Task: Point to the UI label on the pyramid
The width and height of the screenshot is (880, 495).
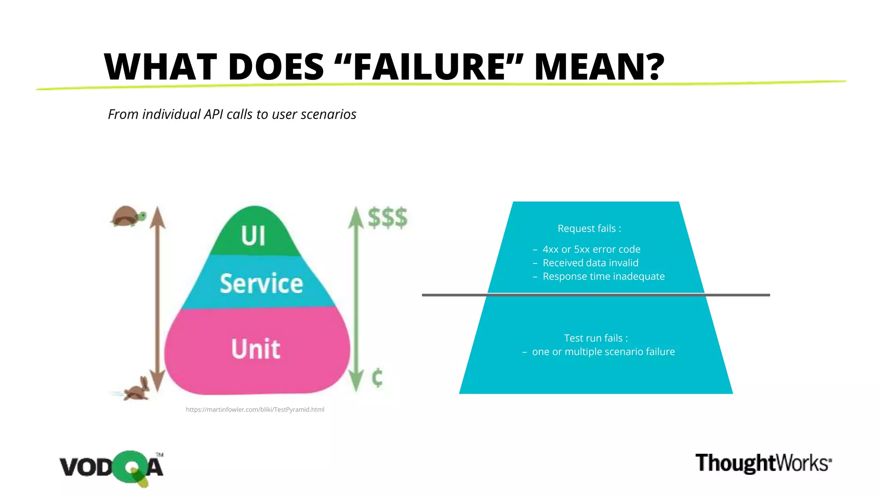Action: [x=253, y=235]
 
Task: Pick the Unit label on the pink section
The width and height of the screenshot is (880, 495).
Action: [x=256, y=348]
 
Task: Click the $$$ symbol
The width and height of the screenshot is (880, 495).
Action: [x=387, y=217]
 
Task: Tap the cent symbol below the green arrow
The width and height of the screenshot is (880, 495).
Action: [x=377, y=378]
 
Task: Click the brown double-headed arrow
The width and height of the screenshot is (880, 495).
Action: [x=158, y=299]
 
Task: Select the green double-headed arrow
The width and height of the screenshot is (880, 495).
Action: [x=356, y=299]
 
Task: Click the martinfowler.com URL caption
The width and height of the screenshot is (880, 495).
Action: [x=255, y=409]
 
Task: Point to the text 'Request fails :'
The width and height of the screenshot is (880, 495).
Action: [x=589, y=229]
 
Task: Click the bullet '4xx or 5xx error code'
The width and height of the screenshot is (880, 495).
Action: [x=591, y=249]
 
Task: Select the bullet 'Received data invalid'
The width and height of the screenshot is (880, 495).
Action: [x=590, y=263]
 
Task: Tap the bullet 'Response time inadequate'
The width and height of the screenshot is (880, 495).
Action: [x=603, y=276]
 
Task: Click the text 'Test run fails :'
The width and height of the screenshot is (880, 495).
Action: [x=596, y=338]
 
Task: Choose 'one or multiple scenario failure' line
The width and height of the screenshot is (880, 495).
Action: [x=603, y=352]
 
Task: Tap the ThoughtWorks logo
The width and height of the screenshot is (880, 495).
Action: [x=763, y=463]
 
